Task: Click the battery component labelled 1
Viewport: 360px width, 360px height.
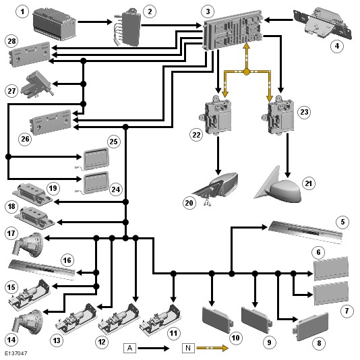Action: coord(54,24)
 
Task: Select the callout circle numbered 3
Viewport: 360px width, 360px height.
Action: coord(208,11)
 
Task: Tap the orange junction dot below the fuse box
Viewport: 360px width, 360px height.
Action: coord(246,72)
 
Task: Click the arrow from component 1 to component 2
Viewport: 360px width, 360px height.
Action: coord(95,22)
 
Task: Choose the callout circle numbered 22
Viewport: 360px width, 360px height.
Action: coord(196,135)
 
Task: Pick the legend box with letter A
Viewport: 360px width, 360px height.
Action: coord(129,348)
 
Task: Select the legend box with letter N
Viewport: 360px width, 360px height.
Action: coord(188,348)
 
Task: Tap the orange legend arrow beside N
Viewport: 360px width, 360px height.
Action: coord(212,349)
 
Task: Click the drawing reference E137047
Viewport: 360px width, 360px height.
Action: coord(16,353)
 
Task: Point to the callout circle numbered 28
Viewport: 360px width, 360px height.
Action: coord(11,41)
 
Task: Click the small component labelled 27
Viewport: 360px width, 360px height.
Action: coord(37,84)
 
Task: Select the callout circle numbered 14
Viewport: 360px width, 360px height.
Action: coord(11,340)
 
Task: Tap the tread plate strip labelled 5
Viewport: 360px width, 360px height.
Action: coord(305,231)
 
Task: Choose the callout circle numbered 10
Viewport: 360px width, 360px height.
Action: coord(235,338)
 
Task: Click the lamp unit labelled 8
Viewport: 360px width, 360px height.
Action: coord(311,326)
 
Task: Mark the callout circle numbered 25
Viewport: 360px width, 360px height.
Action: coord(114,142)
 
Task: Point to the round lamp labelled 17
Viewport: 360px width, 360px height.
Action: coord(28,244)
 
